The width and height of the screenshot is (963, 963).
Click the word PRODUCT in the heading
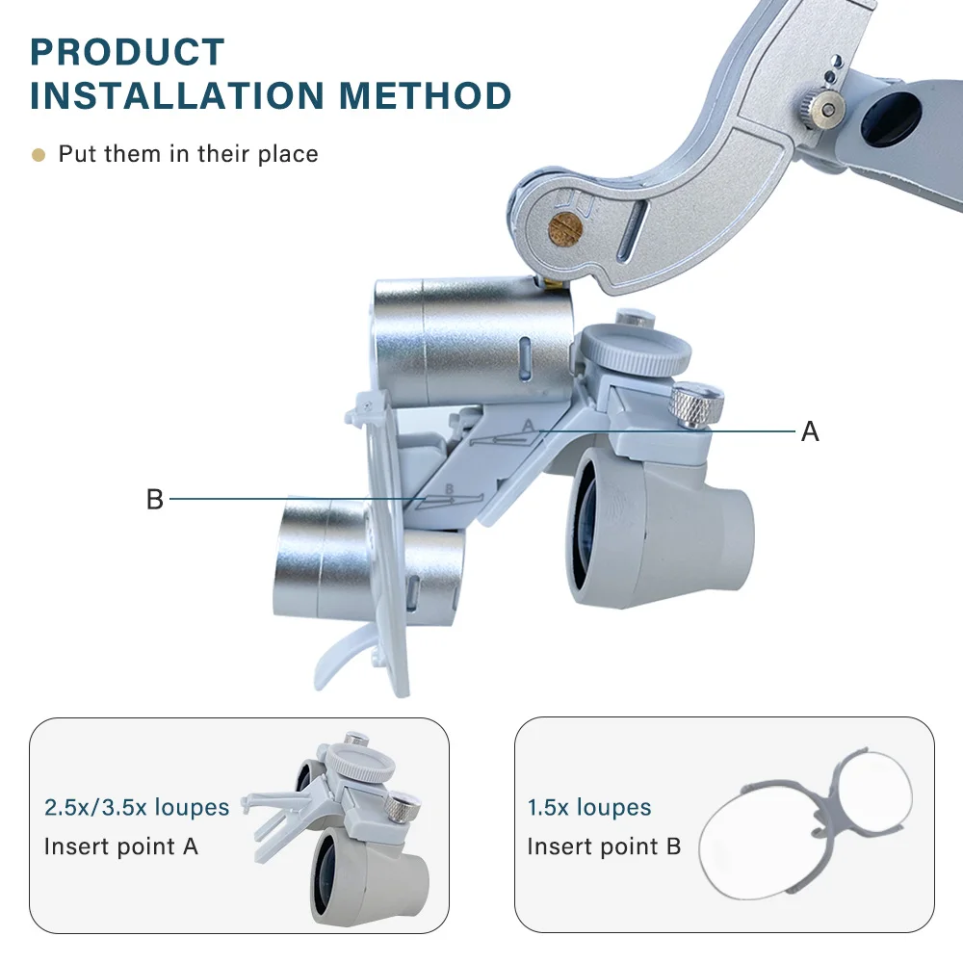click(x=127, y=52)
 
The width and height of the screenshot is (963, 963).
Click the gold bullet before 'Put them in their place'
click(x=39, y=154)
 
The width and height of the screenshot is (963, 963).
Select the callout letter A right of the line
click(x=810, y=432)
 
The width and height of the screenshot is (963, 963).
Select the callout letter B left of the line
click(x=154, y=500)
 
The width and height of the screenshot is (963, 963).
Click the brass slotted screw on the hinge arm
click(x=560, y=229)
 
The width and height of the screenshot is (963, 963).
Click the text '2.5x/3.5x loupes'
click(x=137, y=807)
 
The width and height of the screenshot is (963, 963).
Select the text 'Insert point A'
click(x=121, y=846)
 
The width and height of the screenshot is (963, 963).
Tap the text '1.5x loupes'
click(x=588, y=807)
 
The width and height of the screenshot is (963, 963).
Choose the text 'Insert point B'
click(x=604, y=846)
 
